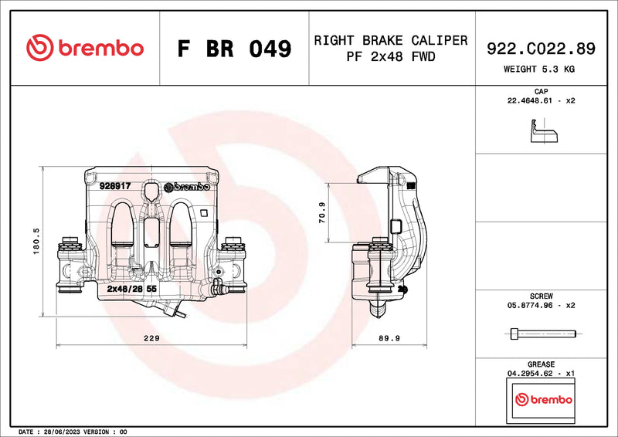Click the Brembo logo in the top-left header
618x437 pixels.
click(85, 48)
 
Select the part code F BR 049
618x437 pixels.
click(234, 49)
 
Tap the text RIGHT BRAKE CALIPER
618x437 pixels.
click(390, 40)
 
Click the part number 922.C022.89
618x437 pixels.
click(541, 49)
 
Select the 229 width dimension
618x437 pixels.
click(151, 338)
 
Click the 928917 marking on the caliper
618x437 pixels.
click(115, 186)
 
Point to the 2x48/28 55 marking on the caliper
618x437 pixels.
click(132, 288)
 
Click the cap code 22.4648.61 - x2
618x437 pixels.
click(541, 100)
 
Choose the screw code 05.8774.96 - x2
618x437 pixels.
click(541, 305)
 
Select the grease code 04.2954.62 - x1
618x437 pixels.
click(541, 373)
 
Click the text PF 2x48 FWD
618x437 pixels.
click(390, 57)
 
